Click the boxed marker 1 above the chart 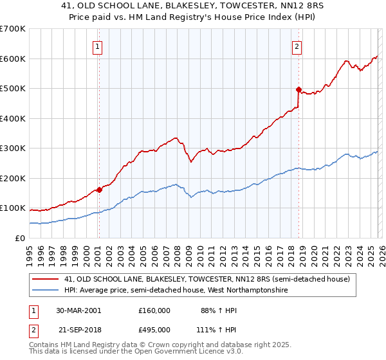(97, 46)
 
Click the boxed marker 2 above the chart (297, 46)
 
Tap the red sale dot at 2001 (99, 190)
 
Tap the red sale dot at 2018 (299, 89)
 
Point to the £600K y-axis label (13, 59)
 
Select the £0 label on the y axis (21, 238)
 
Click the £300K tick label (13, 148)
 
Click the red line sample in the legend (45, 279)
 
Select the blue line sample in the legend (45, 291)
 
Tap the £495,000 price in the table (154, 328)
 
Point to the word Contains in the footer (46, 346)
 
